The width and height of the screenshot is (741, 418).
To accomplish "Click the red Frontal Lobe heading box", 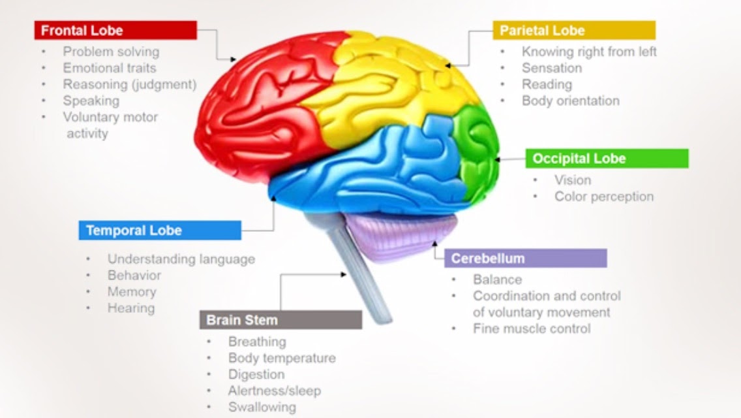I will tap(115, 30).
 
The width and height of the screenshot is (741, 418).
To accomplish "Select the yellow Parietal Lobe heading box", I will tap(574, 30).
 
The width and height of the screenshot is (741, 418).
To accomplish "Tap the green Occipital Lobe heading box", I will tap(607, 158).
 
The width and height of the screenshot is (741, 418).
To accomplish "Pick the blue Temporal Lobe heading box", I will tap(160, 230).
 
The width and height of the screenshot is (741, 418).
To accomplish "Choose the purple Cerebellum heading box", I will tap(525, 258).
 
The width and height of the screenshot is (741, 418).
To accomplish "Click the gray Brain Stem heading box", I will tap(280, 319).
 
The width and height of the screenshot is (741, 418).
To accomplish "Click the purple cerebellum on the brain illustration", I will tap(401, 235).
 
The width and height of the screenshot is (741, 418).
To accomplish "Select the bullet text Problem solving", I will tap(111, 51).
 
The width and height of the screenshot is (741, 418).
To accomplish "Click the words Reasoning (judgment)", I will tap(129, 84).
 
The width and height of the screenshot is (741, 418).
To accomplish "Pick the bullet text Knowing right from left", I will tap(589, 51).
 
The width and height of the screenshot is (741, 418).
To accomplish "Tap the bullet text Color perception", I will tap(604, 196).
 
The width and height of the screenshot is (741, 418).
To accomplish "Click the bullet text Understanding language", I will tap(181, 259).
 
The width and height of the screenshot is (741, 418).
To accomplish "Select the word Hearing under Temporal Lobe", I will tap(131, 308).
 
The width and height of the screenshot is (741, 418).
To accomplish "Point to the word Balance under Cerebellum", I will tap(498, 280).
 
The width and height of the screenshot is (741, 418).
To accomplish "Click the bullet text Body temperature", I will tap(282, 358).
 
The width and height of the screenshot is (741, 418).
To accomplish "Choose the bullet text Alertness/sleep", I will tap(274, 391).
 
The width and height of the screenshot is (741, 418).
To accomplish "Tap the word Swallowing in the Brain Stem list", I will tap(262, 407).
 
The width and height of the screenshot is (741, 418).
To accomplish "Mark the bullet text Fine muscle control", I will tap(532, 329).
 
